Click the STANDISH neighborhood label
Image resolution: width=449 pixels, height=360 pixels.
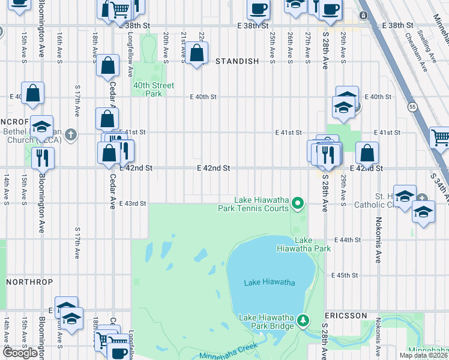click(x=237, y=61)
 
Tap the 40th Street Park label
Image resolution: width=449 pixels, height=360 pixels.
click(x=154, y=89)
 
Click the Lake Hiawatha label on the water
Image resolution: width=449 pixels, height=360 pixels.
click(x=270, y=283)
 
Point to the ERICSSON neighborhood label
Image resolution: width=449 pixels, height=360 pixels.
click(x=346, y=315)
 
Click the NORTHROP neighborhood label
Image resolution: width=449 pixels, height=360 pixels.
click(x=29, y=281)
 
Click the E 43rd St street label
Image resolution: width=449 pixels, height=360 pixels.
click(x=133, y=203)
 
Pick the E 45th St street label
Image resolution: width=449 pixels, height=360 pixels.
click(x=345, y=275)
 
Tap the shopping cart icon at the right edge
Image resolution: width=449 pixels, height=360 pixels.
click(x=440, y=137)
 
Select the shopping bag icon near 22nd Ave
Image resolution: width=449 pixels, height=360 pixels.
click(x=196, y=53)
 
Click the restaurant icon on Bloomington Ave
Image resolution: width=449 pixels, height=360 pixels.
click(x=42, y=157)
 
